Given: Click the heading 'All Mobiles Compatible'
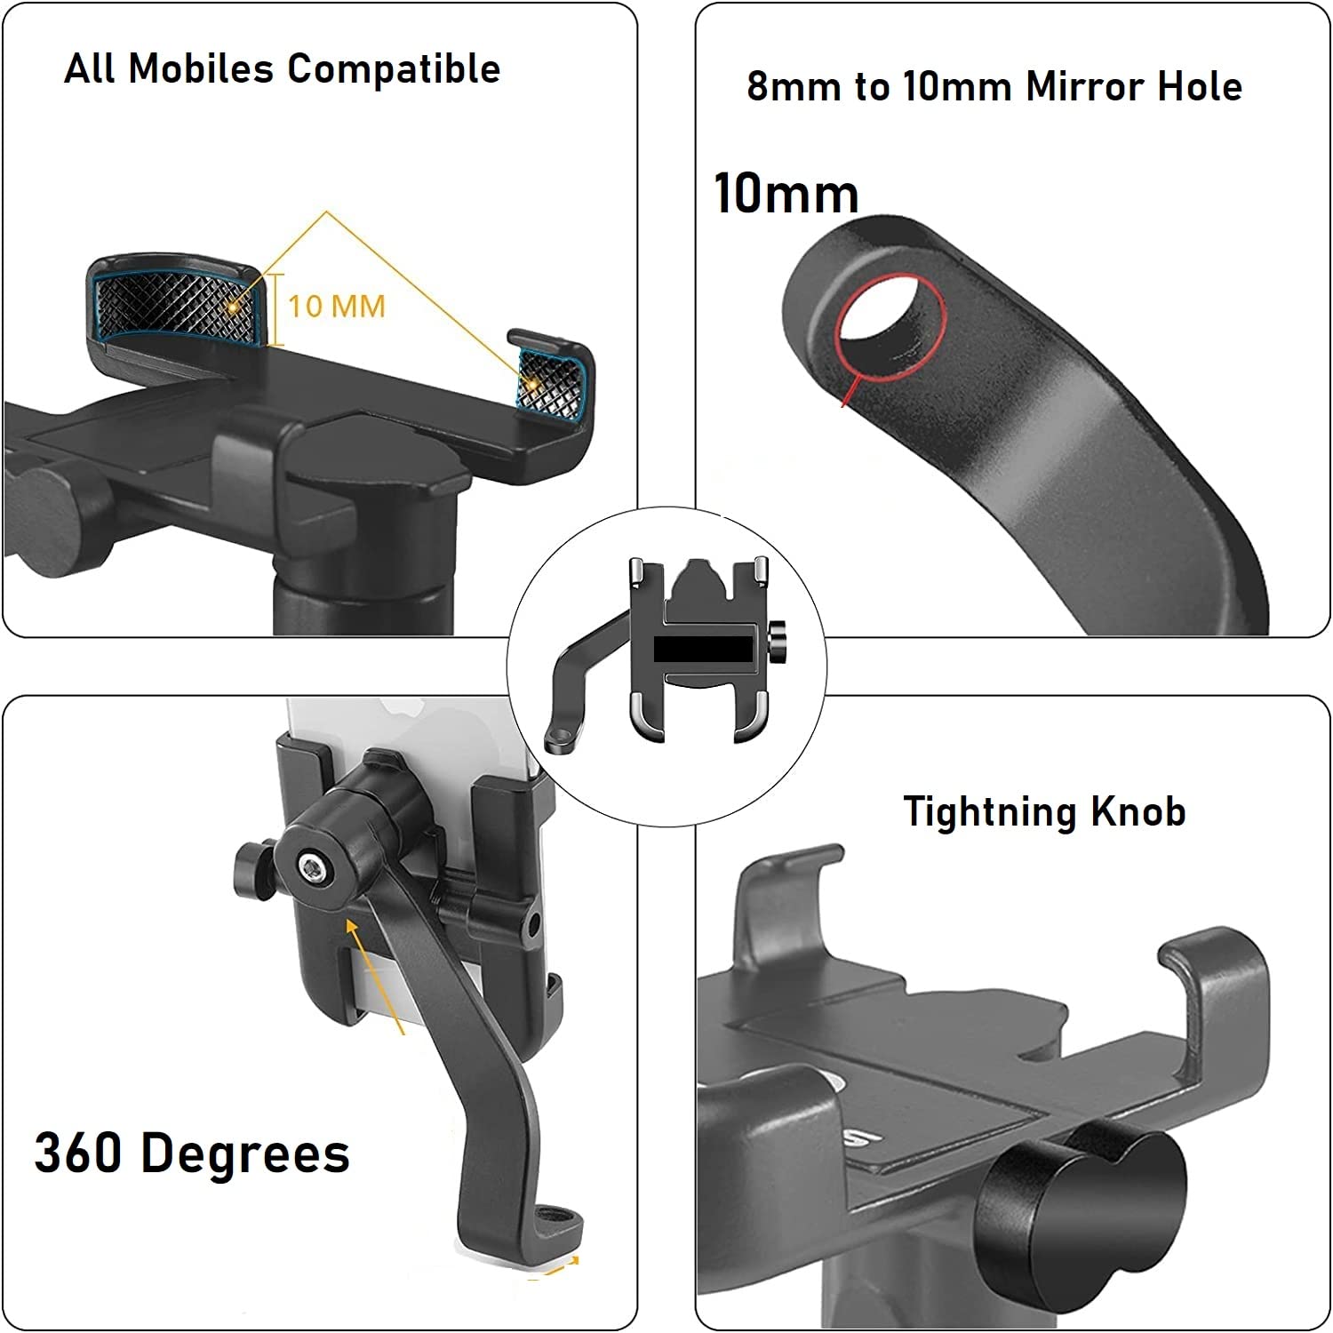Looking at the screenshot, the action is click(x=283, y=68).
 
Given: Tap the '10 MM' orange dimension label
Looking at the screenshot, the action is click(x=337, y=307).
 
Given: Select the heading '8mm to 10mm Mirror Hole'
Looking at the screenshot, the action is click(x=994, y=86).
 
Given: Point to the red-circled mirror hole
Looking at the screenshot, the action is click(x=890, y=328).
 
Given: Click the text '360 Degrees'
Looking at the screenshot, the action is click(x=192, y=1153).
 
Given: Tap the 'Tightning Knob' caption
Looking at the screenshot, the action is click(x=1044, y=811).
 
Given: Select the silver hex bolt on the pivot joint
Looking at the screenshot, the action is click(x=311, y=867).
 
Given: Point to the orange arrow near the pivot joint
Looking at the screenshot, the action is click(x=376, y=976).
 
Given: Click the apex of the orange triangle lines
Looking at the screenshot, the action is click(x=327, y=212).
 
